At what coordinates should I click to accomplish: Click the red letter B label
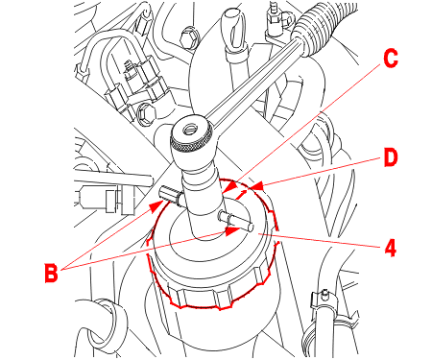51,273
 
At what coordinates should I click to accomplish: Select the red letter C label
391,59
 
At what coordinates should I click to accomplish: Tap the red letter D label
391,157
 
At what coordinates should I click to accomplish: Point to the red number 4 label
390,248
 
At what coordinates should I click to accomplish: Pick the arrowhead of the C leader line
229,187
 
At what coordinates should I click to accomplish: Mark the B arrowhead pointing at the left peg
155,206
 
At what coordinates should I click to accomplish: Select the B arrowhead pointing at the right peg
230,231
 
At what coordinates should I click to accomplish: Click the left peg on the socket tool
171,195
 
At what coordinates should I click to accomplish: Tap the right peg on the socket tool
236,221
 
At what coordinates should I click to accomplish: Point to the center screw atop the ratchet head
188,130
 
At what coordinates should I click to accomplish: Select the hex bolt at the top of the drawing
189,36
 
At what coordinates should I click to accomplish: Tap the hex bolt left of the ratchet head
145,114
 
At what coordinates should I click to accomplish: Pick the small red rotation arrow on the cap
241,195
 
